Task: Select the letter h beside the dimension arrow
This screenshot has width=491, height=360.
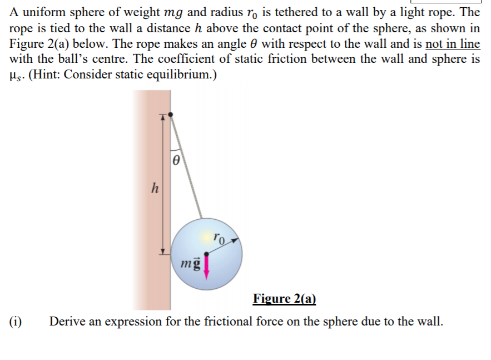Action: point(155,188)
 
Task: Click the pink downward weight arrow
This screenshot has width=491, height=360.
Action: point(207,265)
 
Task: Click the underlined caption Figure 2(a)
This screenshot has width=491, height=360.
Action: point(284,299)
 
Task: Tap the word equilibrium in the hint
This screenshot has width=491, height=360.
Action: point(182,75)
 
